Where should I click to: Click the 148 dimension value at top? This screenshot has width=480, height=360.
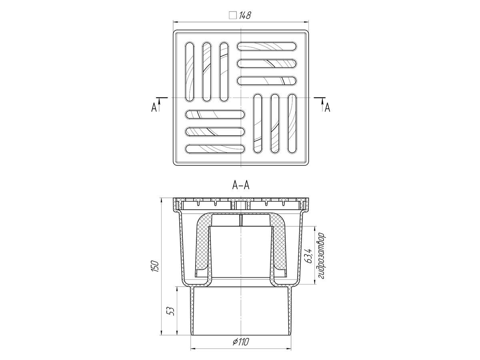click(x=245, y=16)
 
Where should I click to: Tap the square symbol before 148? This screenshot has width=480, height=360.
click(x=233, y=16)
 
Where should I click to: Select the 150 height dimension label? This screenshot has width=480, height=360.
click(x=155, y=266)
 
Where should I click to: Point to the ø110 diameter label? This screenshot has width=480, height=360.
click(x=241, y=342)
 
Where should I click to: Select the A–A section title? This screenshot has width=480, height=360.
click(x=241, y=186)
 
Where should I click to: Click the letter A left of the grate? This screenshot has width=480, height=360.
click(x=154, y=108)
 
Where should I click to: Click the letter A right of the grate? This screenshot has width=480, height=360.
click(x=327, y=108)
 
